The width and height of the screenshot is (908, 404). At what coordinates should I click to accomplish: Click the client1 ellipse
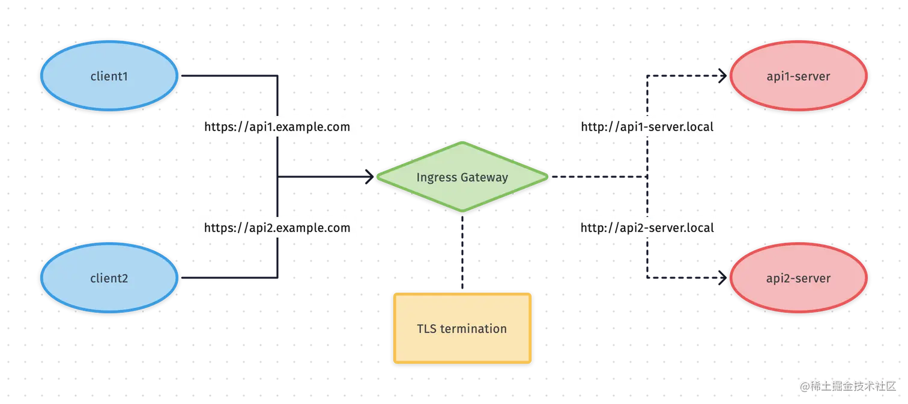point(109,76)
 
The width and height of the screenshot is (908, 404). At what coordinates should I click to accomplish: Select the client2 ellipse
point(109,278)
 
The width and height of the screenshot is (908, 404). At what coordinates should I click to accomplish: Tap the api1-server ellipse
point(798,76)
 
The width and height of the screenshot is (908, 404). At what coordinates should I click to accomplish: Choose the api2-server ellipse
point(798,278)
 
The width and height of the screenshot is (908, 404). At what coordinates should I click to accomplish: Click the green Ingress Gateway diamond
point(462,177)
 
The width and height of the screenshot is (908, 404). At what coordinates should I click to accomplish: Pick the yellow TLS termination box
point(462,328)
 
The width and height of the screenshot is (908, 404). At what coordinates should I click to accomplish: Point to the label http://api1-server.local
point(647,127)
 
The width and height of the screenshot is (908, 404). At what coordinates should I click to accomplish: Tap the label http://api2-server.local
point(647,228)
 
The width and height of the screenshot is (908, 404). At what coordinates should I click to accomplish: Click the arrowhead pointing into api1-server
point(721,76)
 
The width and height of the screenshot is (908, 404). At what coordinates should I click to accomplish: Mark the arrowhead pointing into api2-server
point(721,278)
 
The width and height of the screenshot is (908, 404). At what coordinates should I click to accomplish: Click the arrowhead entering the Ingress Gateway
point(368,177)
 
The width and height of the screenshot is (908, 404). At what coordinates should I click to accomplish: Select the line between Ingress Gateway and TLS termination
point(461,252)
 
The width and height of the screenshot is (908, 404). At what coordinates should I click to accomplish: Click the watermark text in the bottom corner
point(848,385)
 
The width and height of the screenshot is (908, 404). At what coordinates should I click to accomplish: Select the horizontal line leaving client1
point(228,76)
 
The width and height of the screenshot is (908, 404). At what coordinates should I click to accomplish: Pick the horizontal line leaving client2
point(228,278)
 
